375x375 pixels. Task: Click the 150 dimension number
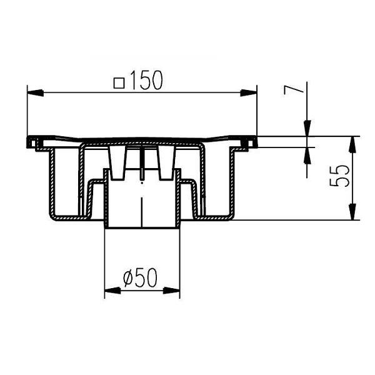(147, 80)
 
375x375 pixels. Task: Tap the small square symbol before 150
(119, 83)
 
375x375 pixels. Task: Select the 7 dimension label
(293, 90)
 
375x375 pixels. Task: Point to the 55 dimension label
(339, 176)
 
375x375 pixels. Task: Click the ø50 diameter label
(141, 277)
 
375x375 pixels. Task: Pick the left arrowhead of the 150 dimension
(36, 93)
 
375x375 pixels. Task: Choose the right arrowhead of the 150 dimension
(249, 93)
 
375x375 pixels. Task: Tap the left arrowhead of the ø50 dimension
(112, 291)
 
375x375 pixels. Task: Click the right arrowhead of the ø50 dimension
(171, 291)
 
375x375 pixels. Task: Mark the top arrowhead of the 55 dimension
(352, 144)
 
